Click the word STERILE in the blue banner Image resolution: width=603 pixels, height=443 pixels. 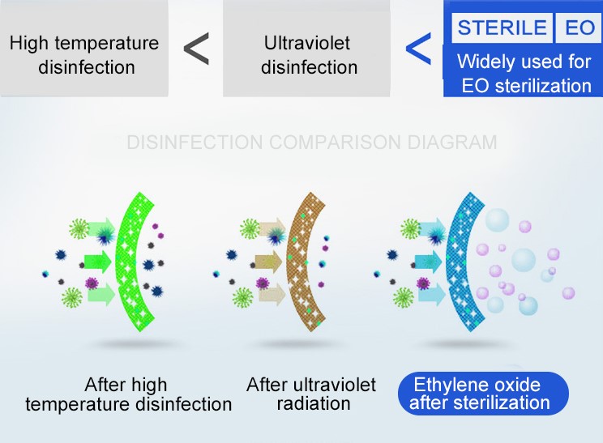tap(502, 28)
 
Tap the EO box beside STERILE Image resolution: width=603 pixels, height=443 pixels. tap(579, 28)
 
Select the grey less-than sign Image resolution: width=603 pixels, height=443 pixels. tap(196, 49)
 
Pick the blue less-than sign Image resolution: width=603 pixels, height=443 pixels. tap(418, 49)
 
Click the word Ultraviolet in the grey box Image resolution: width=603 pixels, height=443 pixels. tap(307, 43)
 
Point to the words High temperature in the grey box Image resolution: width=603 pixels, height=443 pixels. tap(84, 43)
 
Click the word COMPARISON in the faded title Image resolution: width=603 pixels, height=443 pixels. tap(335, 143)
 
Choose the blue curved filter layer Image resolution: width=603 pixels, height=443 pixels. tap(459, 262)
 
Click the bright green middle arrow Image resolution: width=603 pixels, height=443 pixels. tap(98, 262)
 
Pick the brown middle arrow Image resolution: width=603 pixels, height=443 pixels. tap(268, 262)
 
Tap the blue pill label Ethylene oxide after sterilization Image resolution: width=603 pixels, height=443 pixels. tap(483, 394)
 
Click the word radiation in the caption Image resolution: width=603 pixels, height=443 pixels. tap(314, 404)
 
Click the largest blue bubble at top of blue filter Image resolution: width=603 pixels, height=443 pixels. tap(497, 220)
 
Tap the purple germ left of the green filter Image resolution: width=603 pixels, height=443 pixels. tap(92, 283)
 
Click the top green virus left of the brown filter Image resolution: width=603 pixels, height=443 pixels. tap(250, 229)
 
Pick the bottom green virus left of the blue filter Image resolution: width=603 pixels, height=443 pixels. tap(403, 297)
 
